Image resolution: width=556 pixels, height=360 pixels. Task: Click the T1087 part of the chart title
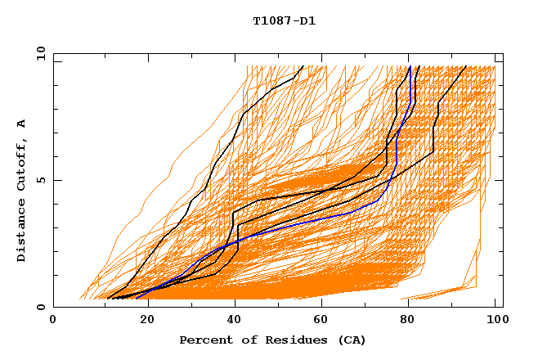tap(271, 21)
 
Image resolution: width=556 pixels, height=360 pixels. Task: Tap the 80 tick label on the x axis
tap(406, 320)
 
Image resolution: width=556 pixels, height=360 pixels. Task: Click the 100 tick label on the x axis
tap(495, 320)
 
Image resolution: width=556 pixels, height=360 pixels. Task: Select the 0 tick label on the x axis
tap(53, 320)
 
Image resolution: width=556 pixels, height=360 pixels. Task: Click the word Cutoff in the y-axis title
tap(22, 169)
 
